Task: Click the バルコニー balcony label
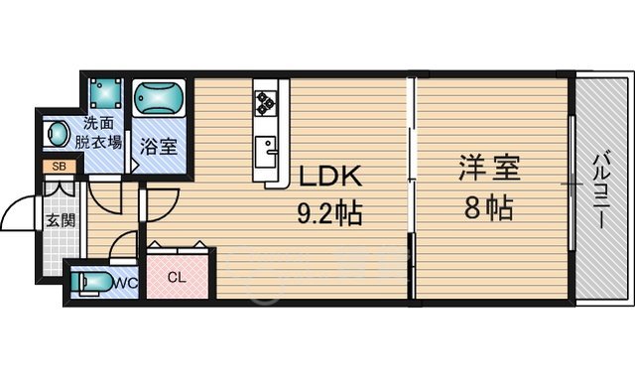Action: pyautogui.click(x=603, y=188)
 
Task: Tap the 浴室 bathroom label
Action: pyautogui.click(x=158, y=147)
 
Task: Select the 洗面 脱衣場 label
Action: pyautogui.click(x=102, y=133)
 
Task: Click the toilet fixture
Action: pyautogui.click(x=94, y=283)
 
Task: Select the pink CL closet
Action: pyautogui.click(x=179, y=277)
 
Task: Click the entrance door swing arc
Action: pyautogui.click(x=22, y=210)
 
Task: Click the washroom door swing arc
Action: pyautogui.click(x=108, y=193)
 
